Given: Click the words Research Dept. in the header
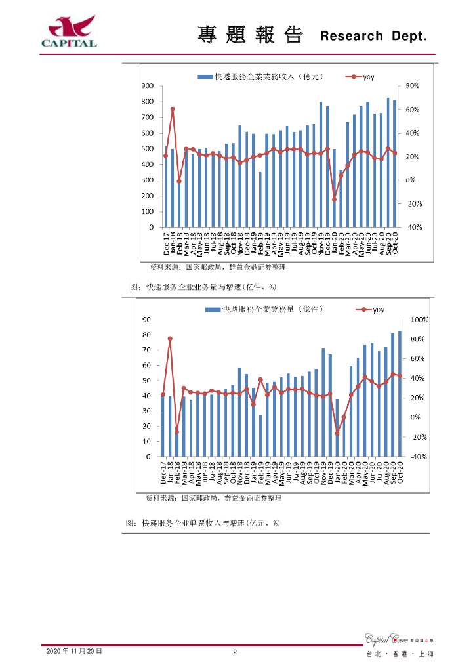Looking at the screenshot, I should tap(374, 37).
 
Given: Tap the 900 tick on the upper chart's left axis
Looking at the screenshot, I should tap(148, 86).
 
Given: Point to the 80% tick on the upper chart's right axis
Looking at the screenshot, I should tap(413, 86).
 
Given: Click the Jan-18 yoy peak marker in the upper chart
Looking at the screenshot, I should tap(173, 109).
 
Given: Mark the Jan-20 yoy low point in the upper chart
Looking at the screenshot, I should tap(334, 199).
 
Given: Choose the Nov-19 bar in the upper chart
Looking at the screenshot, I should tap(321, 165).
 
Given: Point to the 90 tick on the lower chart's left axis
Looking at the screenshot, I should tap(148, 320).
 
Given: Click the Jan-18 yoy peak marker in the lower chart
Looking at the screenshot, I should tap(170, 339).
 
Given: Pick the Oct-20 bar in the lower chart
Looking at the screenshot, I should tap(400, 394).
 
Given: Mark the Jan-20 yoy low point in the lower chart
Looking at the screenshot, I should tap(337, 433).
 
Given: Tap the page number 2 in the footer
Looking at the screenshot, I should tap(235, 652).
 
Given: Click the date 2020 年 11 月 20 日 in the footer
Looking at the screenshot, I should tap(74, 651).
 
